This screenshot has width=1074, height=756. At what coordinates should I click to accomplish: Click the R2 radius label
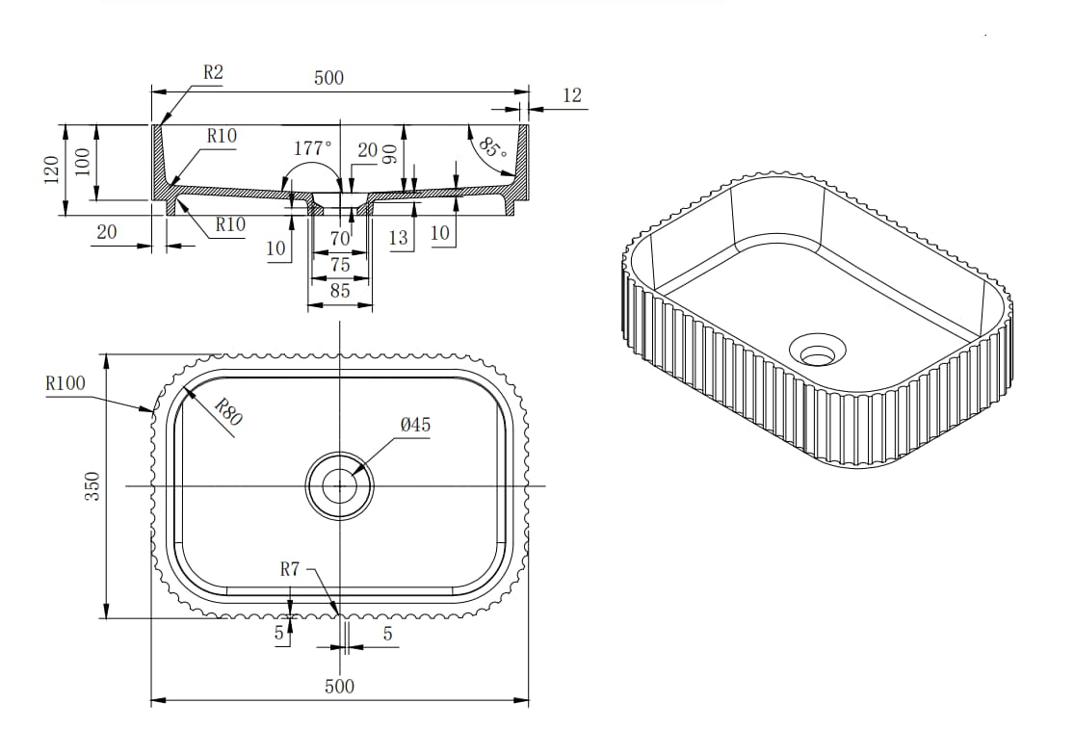[214, 72]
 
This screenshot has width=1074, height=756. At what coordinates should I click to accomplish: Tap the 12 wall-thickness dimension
[572, 95]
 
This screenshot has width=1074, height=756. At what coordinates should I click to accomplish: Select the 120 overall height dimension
[51, 169]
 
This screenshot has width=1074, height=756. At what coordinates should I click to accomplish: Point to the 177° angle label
[312, 148]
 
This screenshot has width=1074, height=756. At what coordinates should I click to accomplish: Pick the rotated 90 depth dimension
[389, 155]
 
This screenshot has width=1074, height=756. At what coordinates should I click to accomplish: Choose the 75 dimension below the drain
[340, 264]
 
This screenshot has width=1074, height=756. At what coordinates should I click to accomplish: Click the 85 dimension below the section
[340, 290]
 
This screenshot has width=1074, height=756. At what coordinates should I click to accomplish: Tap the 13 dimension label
[398, 238]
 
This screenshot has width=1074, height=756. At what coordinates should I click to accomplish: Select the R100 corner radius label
[65, 383]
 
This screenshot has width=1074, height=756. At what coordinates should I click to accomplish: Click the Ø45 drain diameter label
[416, 426]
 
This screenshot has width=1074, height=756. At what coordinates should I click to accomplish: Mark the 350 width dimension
[92, 486]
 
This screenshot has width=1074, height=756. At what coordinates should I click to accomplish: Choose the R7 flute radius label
[290, 569]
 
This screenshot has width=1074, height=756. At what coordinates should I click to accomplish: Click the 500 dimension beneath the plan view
[339, 686]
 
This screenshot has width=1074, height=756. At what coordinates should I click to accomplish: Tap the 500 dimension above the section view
[328, 77]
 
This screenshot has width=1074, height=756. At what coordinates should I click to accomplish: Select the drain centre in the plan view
[340, 486]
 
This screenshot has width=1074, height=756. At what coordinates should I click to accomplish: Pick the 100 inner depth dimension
[82, 163]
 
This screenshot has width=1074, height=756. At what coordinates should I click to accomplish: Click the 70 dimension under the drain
[340, 239]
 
